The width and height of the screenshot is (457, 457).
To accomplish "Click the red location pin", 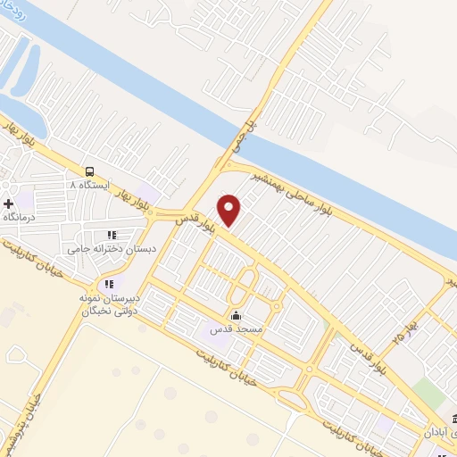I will click(229, 210).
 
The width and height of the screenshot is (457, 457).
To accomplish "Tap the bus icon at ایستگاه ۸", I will click(89, 171).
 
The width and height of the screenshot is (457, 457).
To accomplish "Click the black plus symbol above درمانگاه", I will click(9, 205).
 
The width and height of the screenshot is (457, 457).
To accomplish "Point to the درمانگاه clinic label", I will click(20, 218).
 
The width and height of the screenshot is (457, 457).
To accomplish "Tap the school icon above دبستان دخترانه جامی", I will click(112, 235).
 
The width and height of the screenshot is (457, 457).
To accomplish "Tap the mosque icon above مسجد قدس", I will click(236, 315).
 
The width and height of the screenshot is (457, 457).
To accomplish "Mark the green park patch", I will click(430, 394).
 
